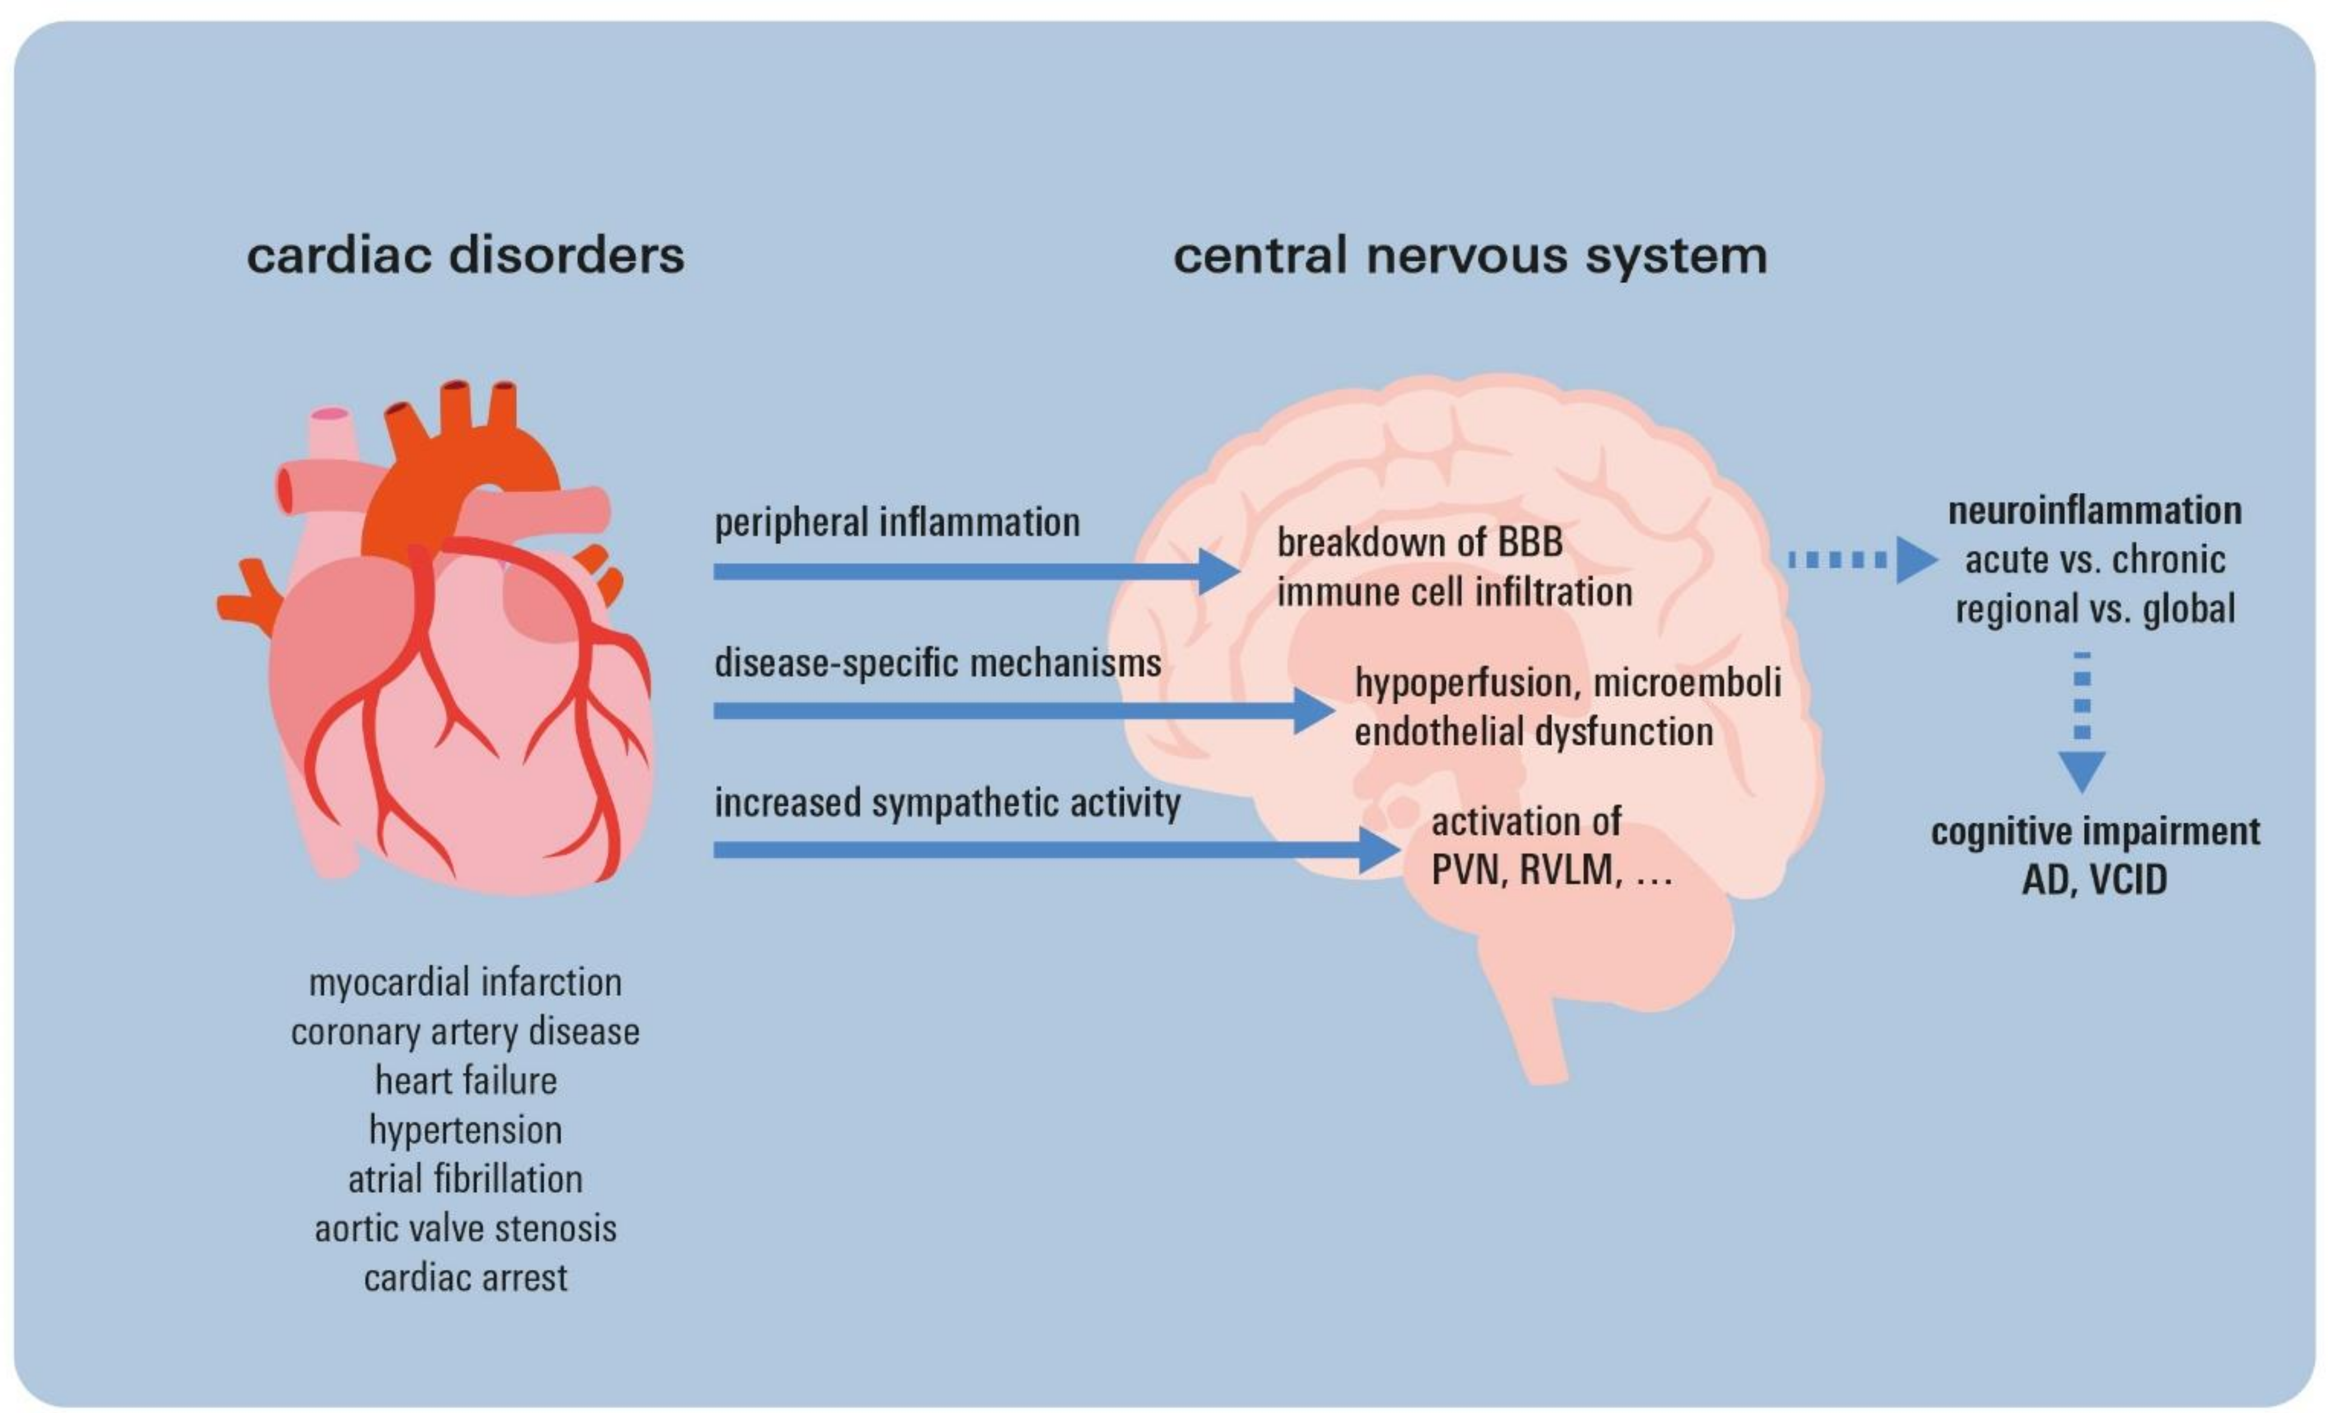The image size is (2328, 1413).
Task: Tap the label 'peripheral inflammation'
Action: (x=897, y=522)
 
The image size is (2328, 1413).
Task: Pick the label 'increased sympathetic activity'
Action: (x=947, y=803)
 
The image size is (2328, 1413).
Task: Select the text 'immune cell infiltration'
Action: (x=1454, y=592)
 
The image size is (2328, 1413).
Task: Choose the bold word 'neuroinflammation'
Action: (x=2094, y=511)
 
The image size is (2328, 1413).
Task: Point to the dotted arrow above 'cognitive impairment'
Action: (x=2082, y=723)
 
